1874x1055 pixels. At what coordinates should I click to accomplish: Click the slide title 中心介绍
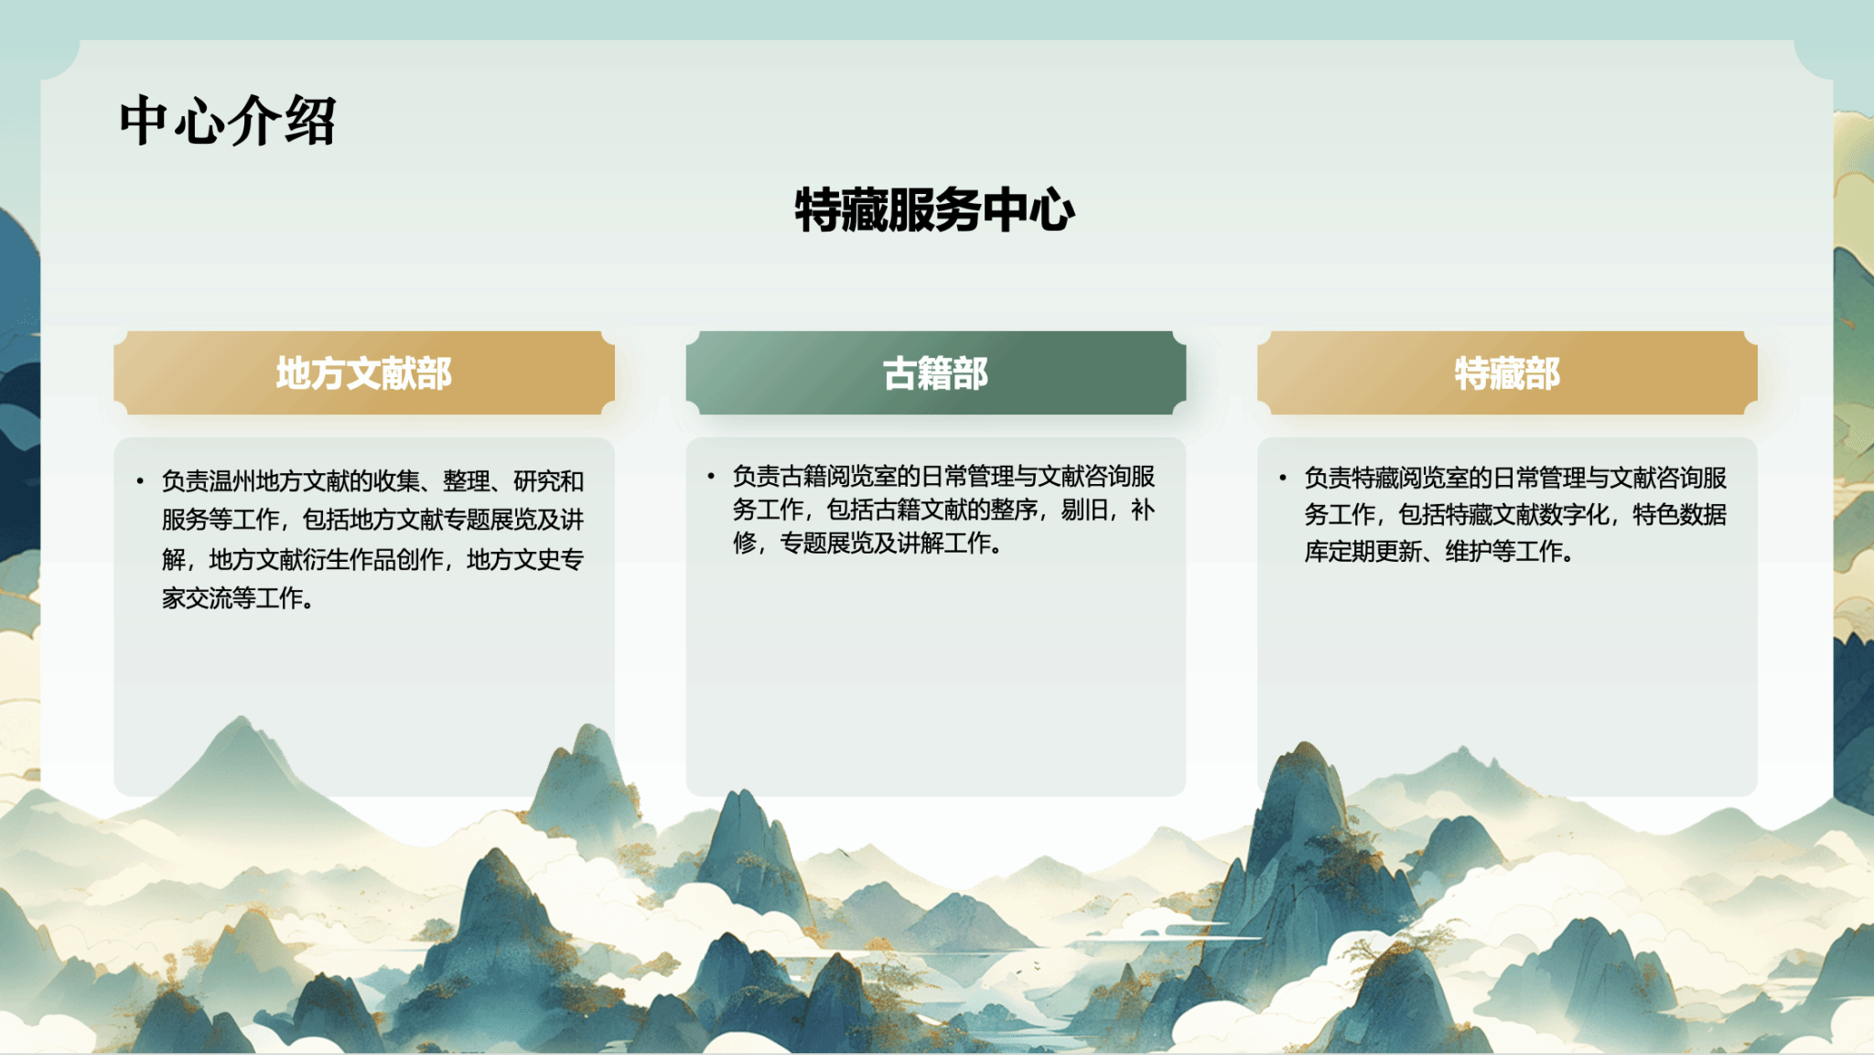point(228,121)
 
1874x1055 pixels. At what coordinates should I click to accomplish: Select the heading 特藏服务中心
point(935,210)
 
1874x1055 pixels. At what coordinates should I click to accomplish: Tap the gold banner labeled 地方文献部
point(364,372)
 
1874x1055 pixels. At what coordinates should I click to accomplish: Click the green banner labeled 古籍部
point(936,372)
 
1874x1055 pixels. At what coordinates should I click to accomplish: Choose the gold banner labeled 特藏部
point(1507,372)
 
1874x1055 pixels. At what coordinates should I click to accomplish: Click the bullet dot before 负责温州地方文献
point(140,480)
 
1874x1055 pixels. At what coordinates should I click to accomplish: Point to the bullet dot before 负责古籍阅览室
point(711,475)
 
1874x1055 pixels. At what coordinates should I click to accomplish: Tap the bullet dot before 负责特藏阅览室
point(1283,477)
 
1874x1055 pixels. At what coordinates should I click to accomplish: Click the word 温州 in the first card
point(232,481)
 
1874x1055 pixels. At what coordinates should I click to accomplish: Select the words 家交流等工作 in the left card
point(232,598)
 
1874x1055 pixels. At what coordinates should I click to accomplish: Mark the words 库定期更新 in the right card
point(1363,552)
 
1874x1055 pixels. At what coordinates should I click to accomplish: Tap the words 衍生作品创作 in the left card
point(373,559)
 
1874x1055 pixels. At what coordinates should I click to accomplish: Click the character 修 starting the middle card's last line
point(745,544)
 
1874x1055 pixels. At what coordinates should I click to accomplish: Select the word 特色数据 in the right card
point(1680,514)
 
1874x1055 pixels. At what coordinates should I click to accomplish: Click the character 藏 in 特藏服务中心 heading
point(864,210)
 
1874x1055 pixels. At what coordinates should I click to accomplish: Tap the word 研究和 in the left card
point(548,481)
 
